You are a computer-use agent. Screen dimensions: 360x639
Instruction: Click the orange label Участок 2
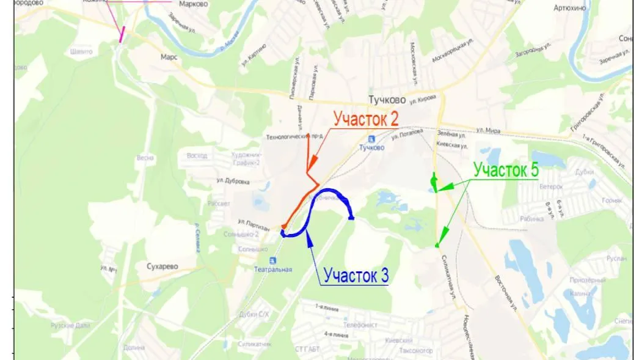click(371, 119)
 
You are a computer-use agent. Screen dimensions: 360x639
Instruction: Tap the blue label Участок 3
click(356, 276)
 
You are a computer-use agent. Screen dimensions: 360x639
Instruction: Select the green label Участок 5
click(506, 170)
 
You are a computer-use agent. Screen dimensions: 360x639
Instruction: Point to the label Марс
click(169, 56)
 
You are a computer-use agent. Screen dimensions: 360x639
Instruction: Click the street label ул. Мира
click(489, 130)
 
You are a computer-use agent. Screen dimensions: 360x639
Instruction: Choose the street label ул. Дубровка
click(233, 181)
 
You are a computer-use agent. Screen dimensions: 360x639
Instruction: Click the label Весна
click(145, 158)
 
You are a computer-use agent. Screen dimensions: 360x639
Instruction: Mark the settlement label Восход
click(197, 156)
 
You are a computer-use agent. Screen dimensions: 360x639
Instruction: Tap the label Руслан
click(616, 259)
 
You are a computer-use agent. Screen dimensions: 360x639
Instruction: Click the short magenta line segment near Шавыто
click(123, 34)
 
